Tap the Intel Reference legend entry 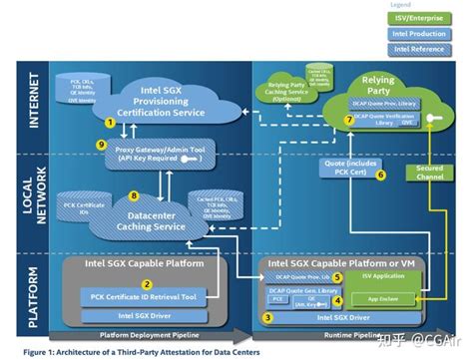(420, 49)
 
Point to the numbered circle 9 (101, 146)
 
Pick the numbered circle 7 (348, 120)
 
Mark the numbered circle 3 (266, 316)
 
